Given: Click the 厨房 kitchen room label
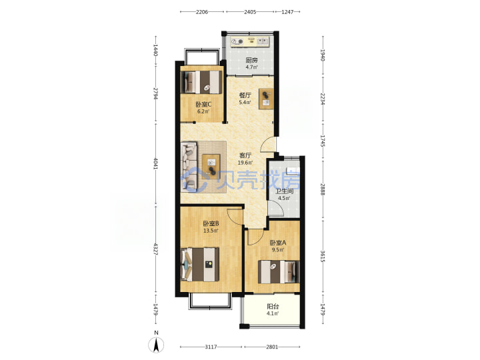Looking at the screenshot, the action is [x=251, y=60].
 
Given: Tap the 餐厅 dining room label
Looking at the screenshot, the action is [x=245, y=95].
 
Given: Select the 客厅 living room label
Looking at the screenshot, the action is [x=245, y=155].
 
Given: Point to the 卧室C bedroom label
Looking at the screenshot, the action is [x=203, y=105].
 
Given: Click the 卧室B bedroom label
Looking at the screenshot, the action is [x=211, y=223].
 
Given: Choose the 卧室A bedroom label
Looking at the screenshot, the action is [x=277, y=243].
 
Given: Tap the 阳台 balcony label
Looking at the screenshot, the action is [x=273, y=306].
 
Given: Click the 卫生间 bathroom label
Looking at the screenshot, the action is [x=285, y=191].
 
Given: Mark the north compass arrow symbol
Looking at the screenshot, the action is [x=156, y=345].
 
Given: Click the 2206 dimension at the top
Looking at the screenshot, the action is [x=202, y=12].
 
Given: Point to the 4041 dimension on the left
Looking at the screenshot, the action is [x=155, y=163].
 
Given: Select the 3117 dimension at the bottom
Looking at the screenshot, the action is [x=211, y=347].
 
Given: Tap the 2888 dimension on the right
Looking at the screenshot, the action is [x=323, y=189].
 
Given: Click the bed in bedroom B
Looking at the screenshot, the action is [x=200, y=265].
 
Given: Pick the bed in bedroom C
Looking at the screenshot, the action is [x=201, y=82].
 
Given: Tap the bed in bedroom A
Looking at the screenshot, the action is [x=279, y=272].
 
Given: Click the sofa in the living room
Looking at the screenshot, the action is [x=189, y=167].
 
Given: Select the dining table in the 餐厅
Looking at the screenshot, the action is [x=266, y=99].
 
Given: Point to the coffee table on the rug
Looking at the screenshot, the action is [x=211, y=167].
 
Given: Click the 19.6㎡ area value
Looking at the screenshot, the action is [x=245, y=163].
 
